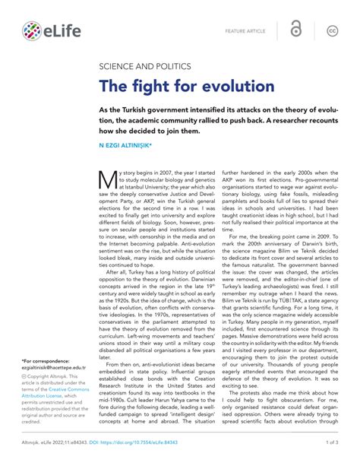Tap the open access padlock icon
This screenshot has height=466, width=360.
point(295,30)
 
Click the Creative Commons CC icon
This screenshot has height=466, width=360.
point(332,30)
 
